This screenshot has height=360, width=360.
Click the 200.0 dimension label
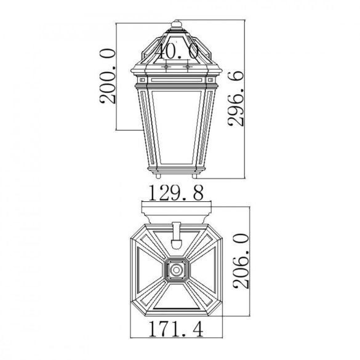coord(108,76)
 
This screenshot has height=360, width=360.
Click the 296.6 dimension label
coord(236,98)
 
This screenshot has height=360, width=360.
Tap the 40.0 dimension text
coord(177,51)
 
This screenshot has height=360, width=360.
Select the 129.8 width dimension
coord(177,193)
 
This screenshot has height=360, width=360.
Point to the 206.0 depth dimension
coord(241,261)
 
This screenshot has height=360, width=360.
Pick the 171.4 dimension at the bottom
coord(177,329)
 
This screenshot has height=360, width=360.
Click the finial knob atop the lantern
coord(177,23)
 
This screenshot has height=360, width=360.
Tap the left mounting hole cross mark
coord(166,67)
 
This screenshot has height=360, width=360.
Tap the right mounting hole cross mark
coord(188,67)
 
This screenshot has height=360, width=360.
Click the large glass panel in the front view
coord(177,127)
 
